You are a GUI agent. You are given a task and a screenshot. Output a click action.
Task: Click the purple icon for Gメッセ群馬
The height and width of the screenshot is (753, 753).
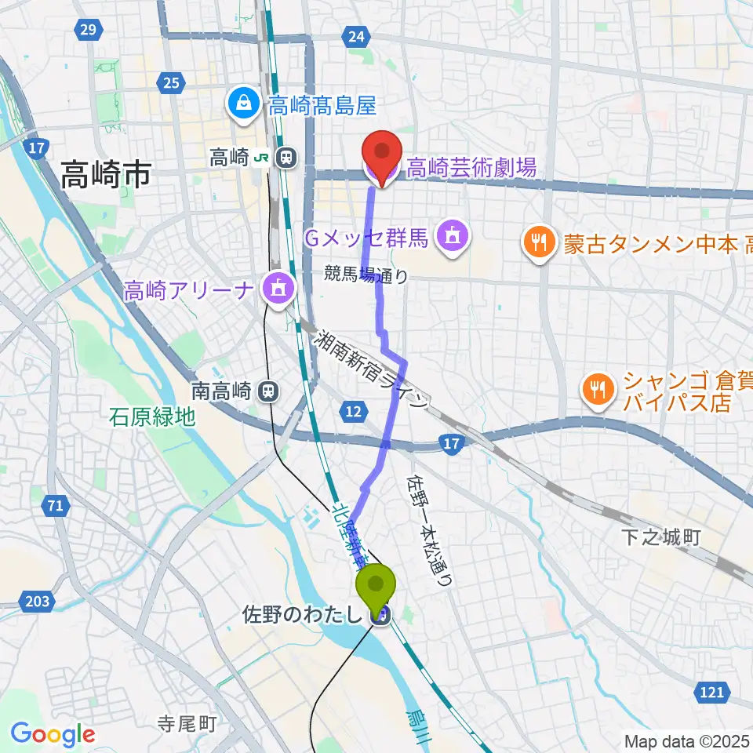pos(452,235)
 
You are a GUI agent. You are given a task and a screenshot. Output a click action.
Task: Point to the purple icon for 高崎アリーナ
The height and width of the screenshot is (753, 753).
pos(278,290)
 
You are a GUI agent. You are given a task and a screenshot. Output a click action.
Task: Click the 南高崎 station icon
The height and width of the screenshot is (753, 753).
pos(269,389)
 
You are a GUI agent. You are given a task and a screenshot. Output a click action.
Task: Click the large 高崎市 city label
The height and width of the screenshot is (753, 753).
pos(106,175)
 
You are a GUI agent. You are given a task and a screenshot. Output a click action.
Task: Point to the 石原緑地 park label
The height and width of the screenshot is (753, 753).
pos(152,416)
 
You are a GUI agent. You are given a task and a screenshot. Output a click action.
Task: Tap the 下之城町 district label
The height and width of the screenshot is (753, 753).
pos(660,537)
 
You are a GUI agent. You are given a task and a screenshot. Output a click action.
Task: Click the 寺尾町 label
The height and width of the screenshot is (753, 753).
pos(186,722)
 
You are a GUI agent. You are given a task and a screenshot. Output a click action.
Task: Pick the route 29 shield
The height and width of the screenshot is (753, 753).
pos(87,31)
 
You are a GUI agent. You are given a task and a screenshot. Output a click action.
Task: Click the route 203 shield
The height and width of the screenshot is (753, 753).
pos(38,602)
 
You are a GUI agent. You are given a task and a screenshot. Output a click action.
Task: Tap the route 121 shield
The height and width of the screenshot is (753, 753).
pos(711,691)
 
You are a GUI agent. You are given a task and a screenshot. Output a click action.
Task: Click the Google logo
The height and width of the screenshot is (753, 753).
pos(53,734)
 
